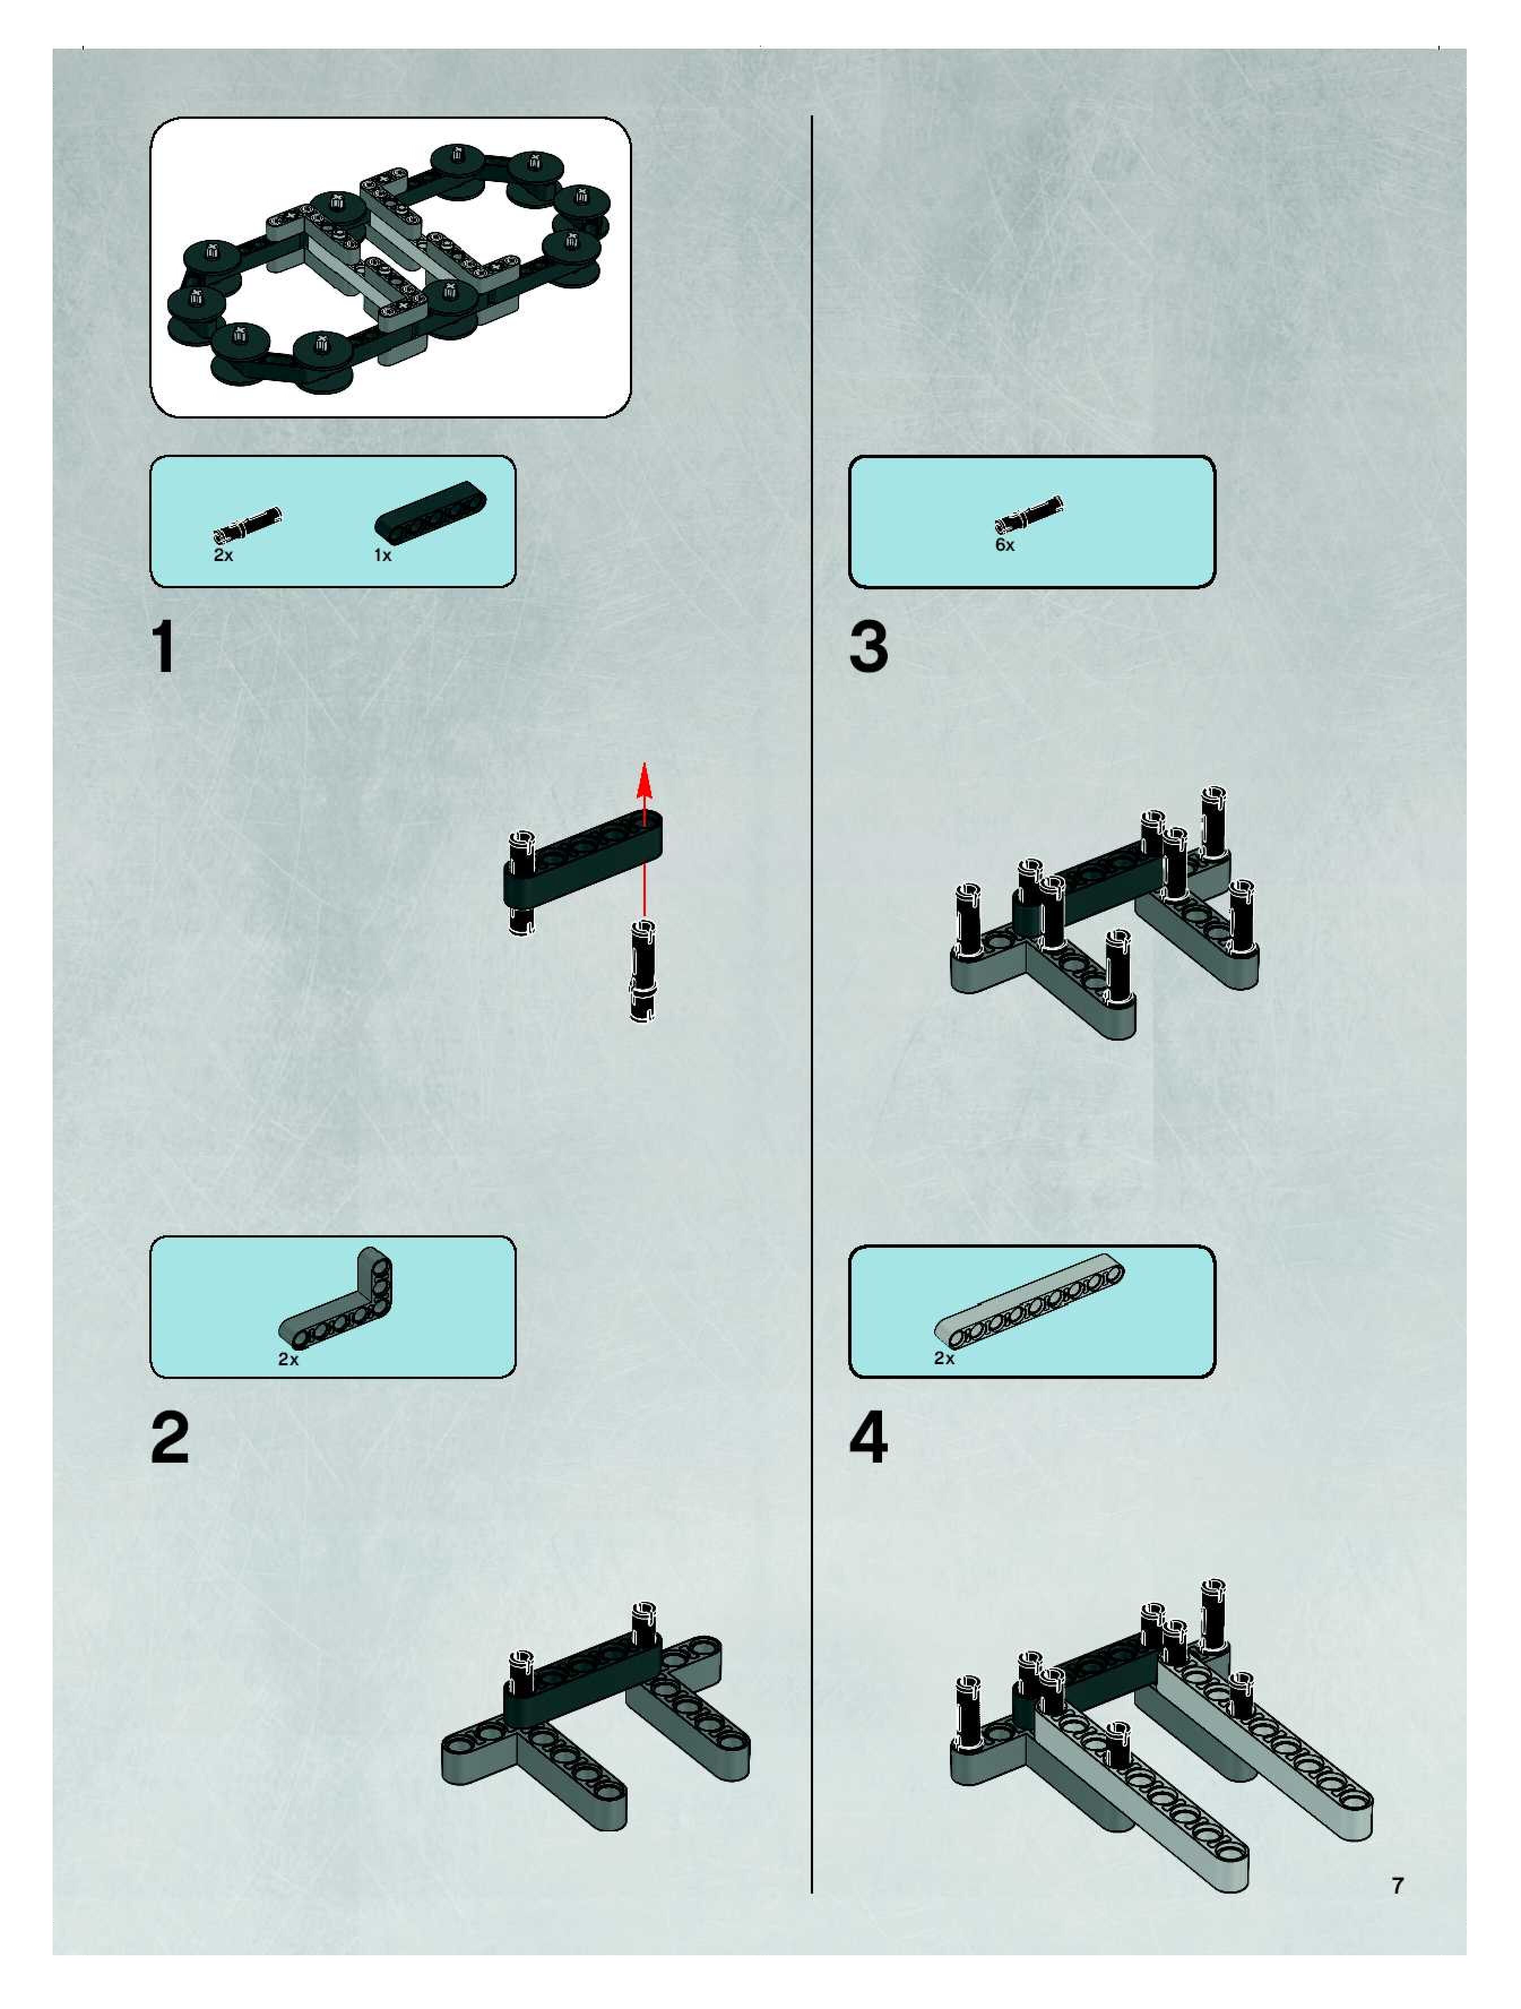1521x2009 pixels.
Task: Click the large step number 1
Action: [165, 648]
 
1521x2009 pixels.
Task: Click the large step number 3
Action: [868, 648]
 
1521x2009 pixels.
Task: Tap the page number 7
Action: [1398, 1885]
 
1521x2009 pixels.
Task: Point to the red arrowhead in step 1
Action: [645, 780]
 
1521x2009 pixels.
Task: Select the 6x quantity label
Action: [1004, 545]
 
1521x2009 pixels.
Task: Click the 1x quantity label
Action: [382, 555]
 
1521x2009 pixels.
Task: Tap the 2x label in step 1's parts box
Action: [223, 555]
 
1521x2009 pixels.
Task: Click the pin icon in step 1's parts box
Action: [248, 524]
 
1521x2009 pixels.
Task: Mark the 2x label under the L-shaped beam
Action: [288, 1360]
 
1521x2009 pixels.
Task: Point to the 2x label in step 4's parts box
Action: [944, 1359]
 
